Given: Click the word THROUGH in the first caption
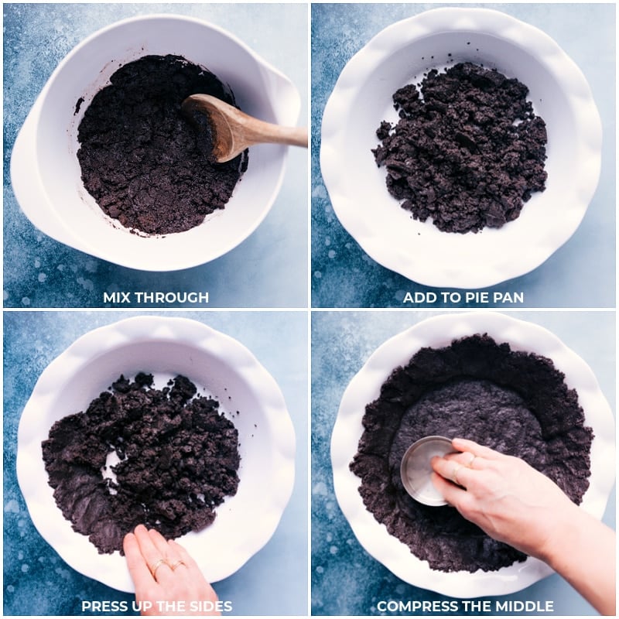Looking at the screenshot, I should tap(174, 297).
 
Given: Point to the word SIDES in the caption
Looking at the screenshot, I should tap(208, 606).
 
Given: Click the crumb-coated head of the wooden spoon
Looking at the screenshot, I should tap(210, 124).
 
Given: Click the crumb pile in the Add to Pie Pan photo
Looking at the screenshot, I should tap(461, 147).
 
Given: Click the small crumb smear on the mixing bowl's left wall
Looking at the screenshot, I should tap(78, 105).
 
